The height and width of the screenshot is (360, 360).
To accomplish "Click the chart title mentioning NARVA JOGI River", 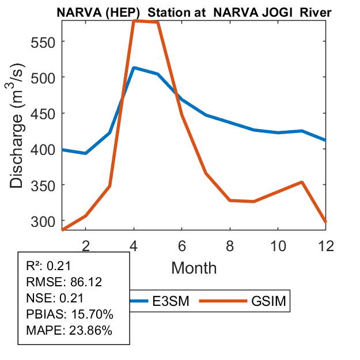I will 196,11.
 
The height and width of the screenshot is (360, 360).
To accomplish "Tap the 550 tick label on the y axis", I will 43,41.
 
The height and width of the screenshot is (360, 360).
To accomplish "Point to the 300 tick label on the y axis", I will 43,221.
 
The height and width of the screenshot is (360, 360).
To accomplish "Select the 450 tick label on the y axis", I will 43,113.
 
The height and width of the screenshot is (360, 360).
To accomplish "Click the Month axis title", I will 194,268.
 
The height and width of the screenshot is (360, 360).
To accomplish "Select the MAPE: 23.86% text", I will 61,331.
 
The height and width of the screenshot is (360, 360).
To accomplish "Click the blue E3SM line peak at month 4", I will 134,67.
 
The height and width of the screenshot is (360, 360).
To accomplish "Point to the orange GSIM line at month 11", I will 302,182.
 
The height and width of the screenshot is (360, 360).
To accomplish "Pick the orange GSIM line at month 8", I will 230,200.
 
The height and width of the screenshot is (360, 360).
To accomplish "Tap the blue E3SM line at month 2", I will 86,153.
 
